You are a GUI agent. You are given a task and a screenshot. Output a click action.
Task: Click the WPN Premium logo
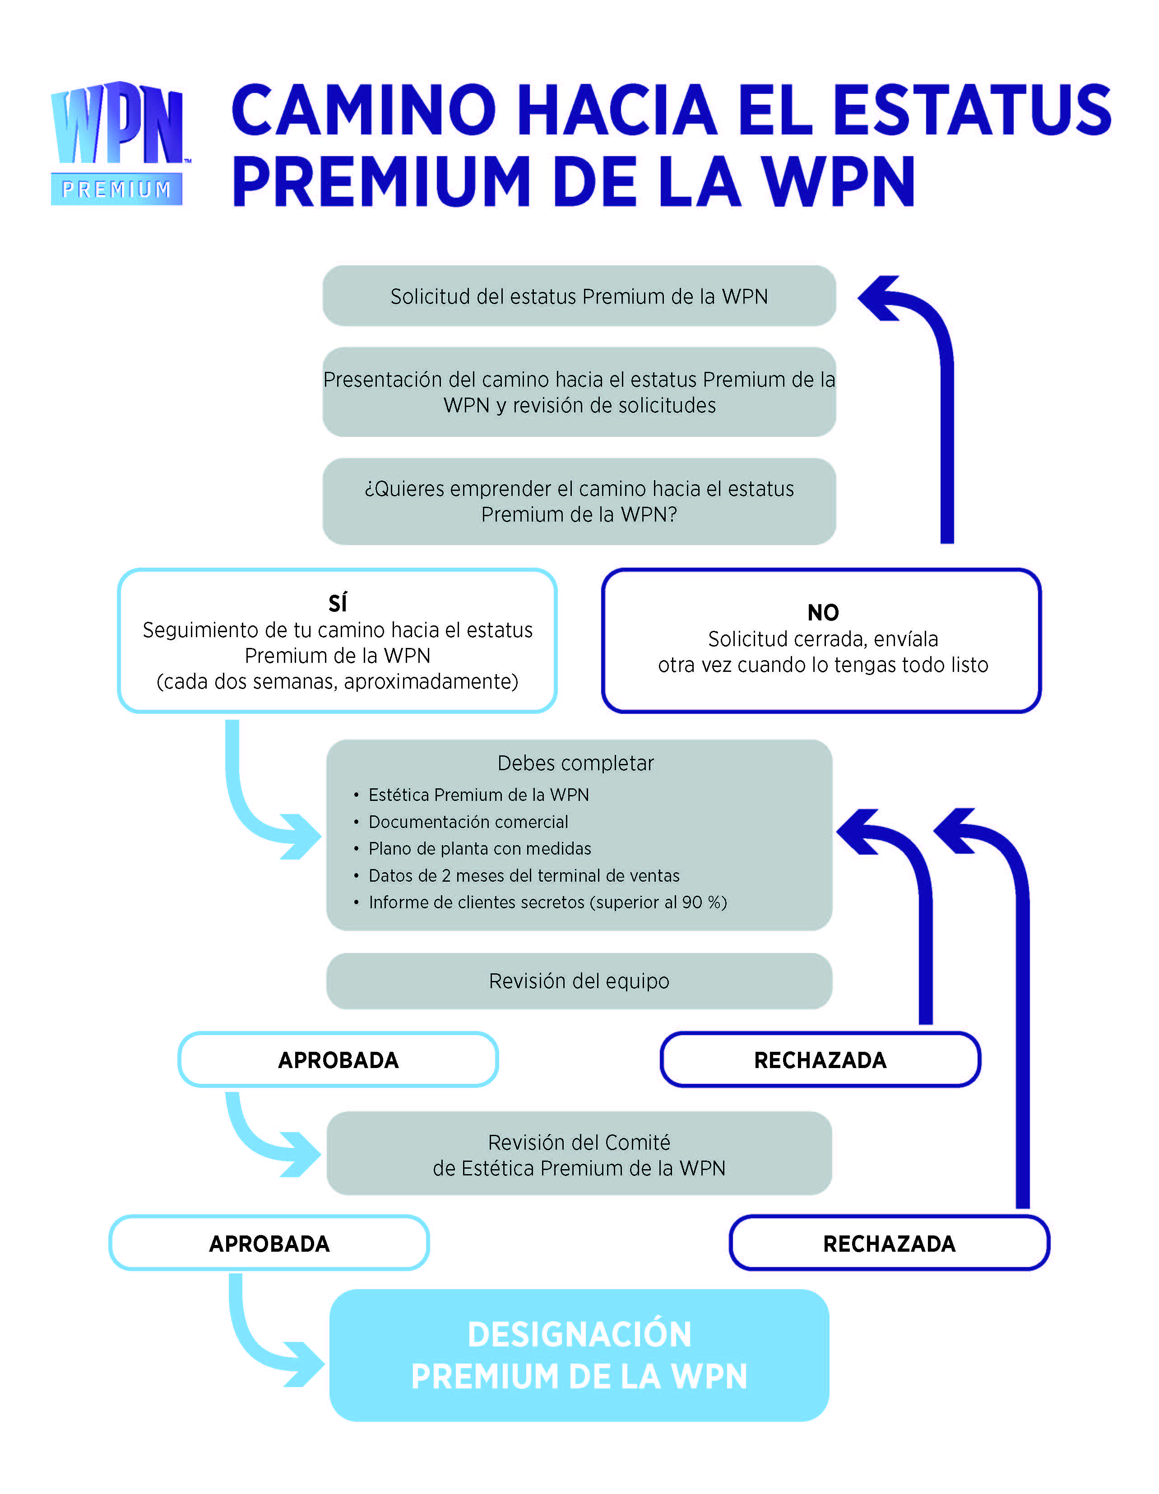click(x=118, y=143)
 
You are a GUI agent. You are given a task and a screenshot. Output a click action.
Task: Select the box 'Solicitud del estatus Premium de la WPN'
click(x=579, y=296)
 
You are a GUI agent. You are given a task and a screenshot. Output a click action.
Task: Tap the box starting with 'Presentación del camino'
click(x=579, y=392)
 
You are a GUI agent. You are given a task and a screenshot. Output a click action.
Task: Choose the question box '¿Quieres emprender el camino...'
click(x=579, y=501)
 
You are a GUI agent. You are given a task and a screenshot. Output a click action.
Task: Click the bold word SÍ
click(x=338, y=603)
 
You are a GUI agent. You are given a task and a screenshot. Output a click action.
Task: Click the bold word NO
click(x=823, y=612)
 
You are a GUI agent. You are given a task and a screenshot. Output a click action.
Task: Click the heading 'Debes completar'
click(x=575, y=763)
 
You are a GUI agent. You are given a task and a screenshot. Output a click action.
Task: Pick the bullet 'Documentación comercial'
click(x=468, y=822)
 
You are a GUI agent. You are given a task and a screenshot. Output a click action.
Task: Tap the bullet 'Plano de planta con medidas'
click(x=480, y=848)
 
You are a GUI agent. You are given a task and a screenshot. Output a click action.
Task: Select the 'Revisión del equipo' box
click(x=579, y=981)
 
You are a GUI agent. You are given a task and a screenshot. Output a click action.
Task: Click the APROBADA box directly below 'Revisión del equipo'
click(x=338, y=1059)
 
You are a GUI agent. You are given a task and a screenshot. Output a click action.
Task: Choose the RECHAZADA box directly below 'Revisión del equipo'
click(x=821, y=1059)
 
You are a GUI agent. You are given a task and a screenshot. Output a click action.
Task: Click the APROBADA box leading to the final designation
click(x=269, y=1243)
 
